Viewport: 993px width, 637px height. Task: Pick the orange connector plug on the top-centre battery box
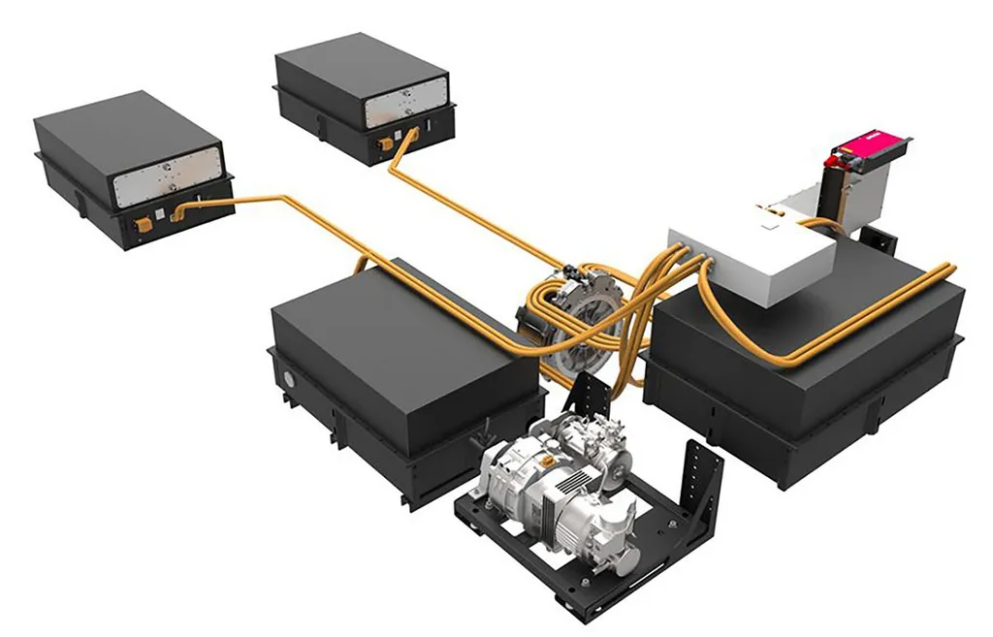pyautogui.click(x=386, y=144)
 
